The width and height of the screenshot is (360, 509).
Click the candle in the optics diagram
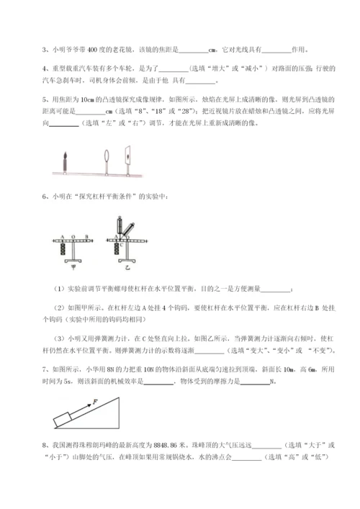coord(65,159)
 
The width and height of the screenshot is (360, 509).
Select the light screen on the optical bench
coord(128,158)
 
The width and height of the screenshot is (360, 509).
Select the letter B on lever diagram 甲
coord(86,236)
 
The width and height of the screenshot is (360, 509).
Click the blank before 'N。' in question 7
coord(253,384)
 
